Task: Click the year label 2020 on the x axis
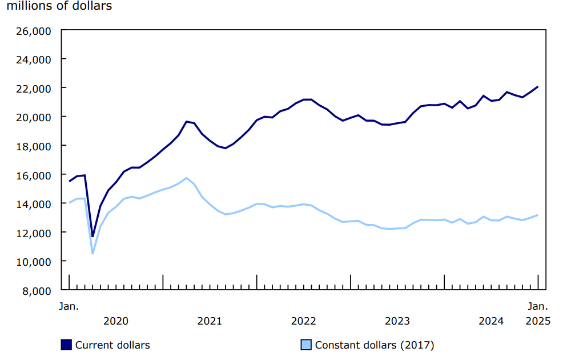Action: pos(116,321)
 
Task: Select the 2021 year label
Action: pos(210,321)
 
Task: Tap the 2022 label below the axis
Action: pos(303,321)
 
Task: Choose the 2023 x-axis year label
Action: pos(397,321)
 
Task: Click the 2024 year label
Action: pos(491,321)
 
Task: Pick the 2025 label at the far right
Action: pos(538,321)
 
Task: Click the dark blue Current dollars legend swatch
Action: pos(66,345)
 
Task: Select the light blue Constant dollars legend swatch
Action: pos(306,345)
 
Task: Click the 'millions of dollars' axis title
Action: pos(59,6)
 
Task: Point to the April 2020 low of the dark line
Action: pos(93,236)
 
